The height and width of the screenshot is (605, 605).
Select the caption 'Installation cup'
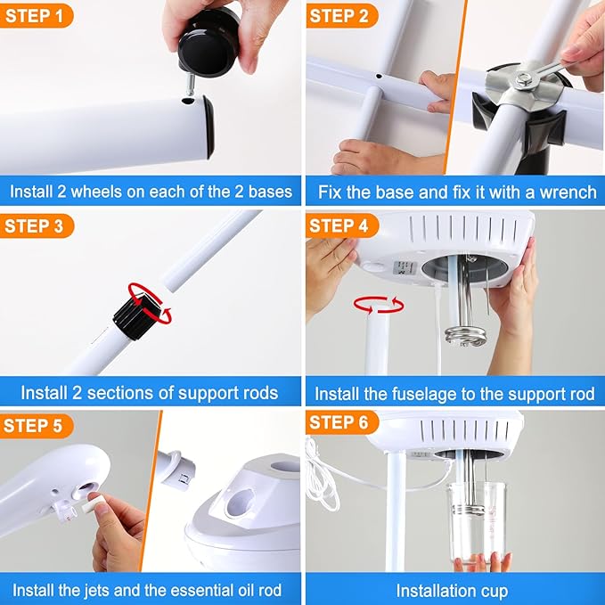pos(454,590)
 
